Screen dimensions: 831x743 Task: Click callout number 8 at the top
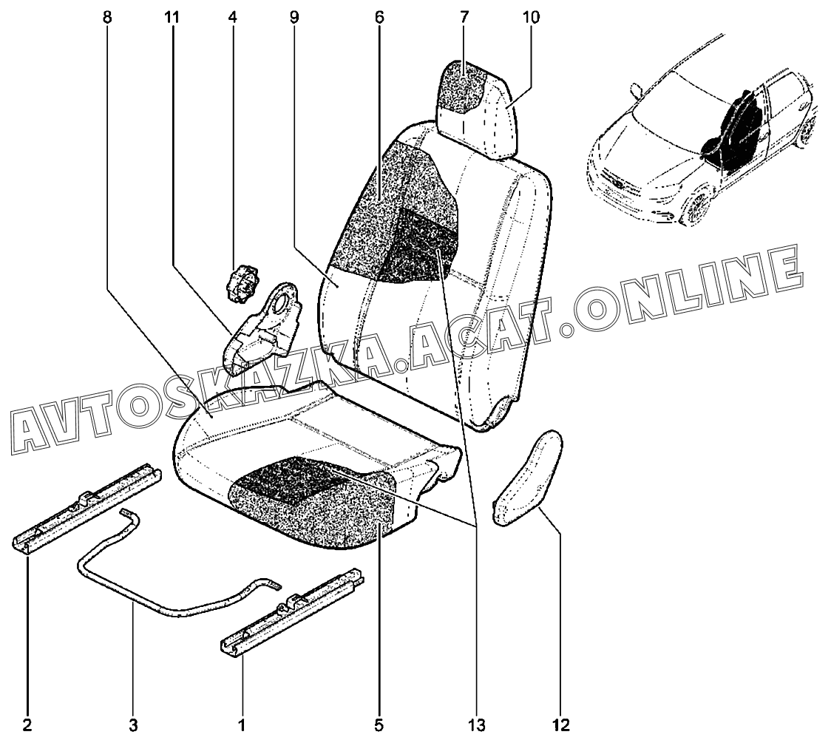pos(108,17)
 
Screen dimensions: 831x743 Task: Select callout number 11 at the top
pos(171,17)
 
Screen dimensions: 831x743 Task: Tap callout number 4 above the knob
pos(232,17)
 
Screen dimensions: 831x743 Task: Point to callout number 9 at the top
pos(294,17)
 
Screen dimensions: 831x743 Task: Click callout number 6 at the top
pos(379,17)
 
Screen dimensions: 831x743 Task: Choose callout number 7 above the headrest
pos(464,17)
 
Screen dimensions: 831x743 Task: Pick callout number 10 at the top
pos(531,17)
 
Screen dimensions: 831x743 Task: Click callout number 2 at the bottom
pos(27,725)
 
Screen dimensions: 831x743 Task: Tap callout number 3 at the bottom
pos(133,725)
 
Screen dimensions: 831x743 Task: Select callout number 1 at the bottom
pos(242,725)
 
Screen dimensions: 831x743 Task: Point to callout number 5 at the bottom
pos(379,725)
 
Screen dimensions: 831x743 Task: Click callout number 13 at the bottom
pos(476,725)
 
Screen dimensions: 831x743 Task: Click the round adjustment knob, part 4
pos(242,284)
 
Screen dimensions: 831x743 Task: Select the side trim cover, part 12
pos(528,478)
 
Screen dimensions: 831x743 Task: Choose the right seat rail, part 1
pos(293,614)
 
